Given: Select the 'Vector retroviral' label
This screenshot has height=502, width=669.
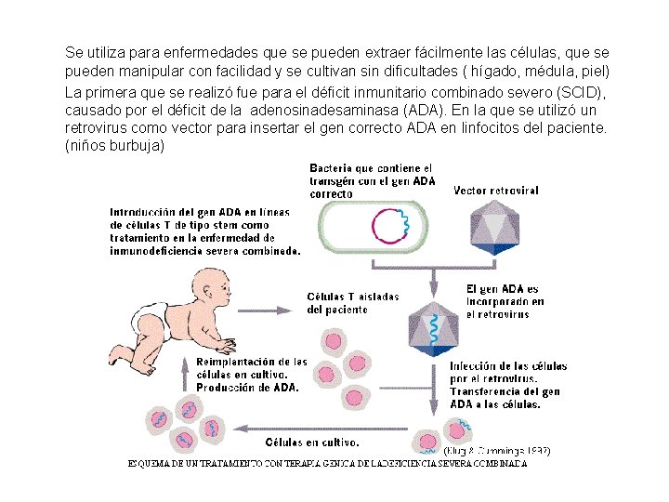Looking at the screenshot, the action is [x=495, y=191].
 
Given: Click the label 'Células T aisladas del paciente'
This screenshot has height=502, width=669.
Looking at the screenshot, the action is [x=352, y=303].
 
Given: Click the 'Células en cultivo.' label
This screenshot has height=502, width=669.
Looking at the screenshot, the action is [x=313, y=443].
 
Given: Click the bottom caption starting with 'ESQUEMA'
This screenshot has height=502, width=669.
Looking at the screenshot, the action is [x=327, y=463].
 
